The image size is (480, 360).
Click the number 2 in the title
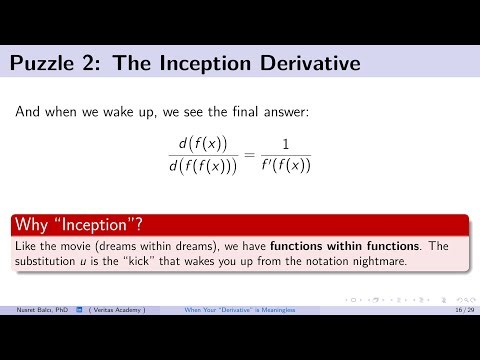(95, 66)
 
